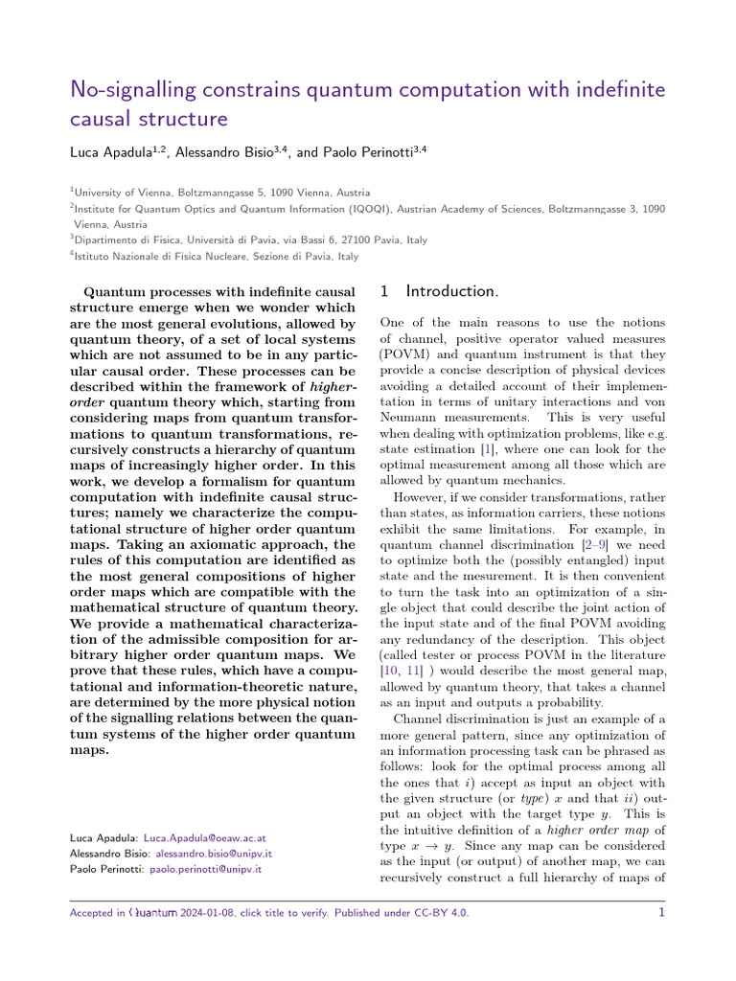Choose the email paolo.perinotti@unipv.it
pyautogui.click(x=204, y=869)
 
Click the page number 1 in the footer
pyautogui.click(x=661, y=913)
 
